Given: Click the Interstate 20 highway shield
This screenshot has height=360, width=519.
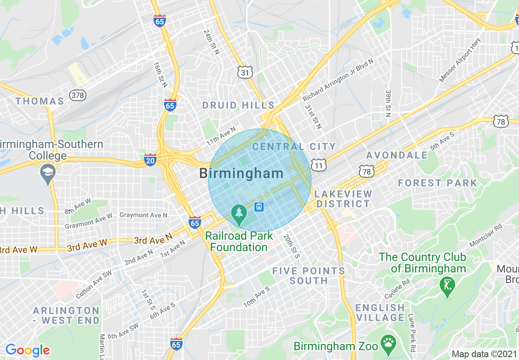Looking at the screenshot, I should pos(150,160).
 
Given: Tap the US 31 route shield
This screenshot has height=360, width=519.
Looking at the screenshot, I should pos(244,72).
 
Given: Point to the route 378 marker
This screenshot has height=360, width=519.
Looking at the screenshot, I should pos(78,95).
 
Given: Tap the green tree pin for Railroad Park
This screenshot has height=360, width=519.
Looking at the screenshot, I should pos(239,214).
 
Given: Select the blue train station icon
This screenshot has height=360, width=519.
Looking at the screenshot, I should pos(259,207).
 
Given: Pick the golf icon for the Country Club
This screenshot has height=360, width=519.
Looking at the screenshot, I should pos(447,285).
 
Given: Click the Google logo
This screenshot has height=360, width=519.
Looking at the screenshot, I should pos(27,350).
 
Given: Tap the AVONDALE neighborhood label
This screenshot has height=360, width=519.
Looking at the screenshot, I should pos(397,155).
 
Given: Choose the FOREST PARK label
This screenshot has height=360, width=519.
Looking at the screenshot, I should pos(438,183).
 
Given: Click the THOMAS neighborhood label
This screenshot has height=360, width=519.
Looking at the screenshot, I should pos(40,101).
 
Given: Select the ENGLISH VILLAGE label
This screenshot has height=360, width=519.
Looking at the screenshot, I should pos(380,313).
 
